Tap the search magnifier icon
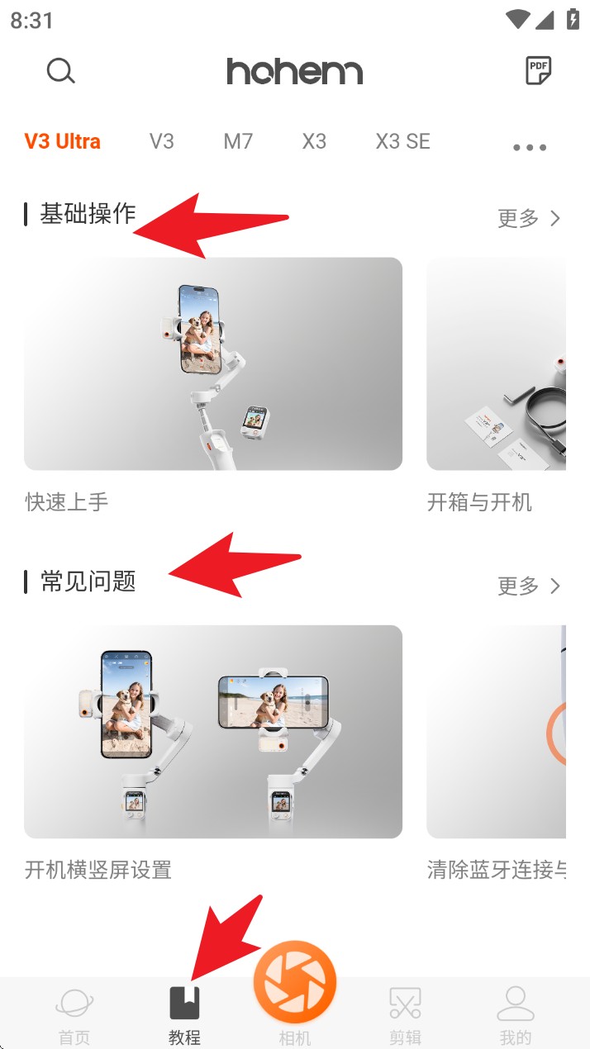point(61,71)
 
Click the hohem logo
point(295,71)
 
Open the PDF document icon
point(538,71)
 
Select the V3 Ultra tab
point(62,141)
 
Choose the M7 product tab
point(238,141)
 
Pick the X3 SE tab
point(403,141)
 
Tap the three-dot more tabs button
point(530,148)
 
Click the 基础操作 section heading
point(88,214)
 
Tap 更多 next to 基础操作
point(529,218)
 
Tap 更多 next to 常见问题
point(529,586)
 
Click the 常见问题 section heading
point(88,581)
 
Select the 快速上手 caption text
point(67,502)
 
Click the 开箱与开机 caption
point(479,502)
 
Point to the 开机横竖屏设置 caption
point(98,870)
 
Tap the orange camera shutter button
point(295,981)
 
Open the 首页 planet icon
point(74,1003)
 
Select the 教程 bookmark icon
point(184,1003)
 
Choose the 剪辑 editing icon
point(405,1003)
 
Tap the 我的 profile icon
point(516,1003)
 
